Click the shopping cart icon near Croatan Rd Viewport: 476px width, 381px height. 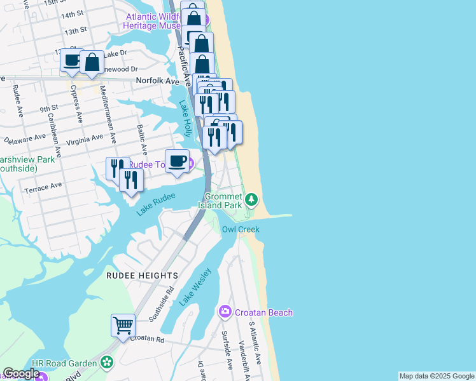click(123, 325)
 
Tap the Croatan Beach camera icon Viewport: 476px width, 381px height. click(225, 312)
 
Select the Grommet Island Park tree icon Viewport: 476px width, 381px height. click(252, 201)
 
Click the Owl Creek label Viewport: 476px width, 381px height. click(241, 229)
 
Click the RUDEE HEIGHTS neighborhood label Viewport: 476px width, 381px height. click(142, 276)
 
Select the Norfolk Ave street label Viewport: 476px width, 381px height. click(158, 81)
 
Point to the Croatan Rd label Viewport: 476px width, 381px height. click(147, 340)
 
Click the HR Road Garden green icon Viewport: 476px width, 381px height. click(106, 363)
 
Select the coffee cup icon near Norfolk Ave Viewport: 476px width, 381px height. click(71, 61)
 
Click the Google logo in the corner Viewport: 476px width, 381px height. click(21, 373)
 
